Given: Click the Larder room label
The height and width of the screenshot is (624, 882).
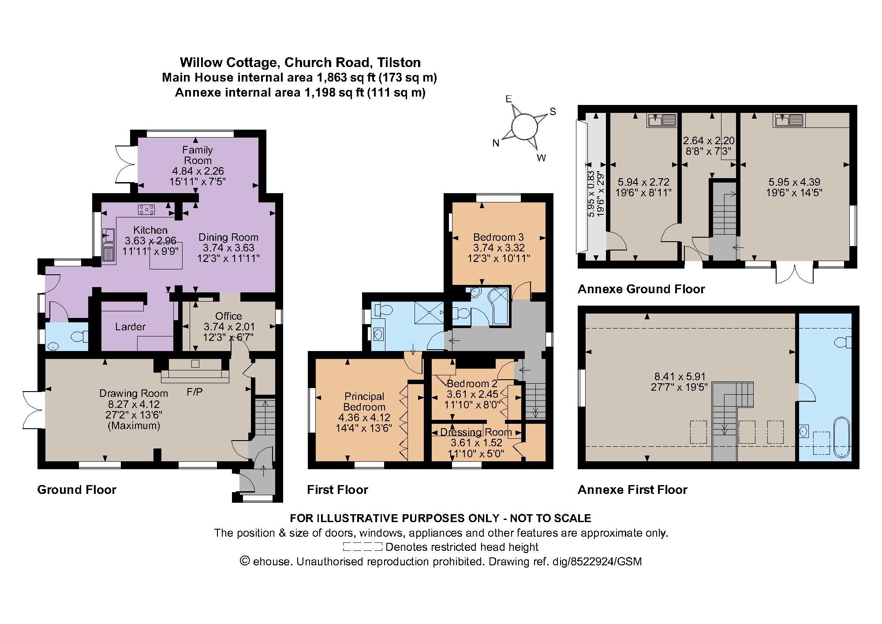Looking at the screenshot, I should pyautogui.click(x=130, y=327).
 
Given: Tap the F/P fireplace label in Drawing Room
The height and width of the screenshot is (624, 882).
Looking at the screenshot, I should pyautogui.click(x=194, y=392).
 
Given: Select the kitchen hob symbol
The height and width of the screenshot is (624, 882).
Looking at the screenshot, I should pyautogui.click(x=146, y=210).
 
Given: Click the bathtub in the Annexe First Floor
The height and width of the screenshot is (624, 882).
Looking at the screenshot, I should pyautogui.click(x=841, y=436).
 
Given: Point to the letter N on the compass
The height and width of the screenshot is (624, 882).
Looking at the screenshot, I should pyautogui.click(x=496, y=143).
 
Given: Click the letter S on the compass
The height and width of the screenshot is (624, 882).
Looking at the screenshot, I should pyautogui.click(x=552, y=112).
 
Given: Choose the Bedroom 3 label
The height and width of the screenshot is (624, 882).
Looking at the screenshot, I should pyautogui.click(x=498, y=237).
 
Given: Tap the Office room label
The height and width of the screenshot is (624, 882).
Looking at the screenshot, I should pyautogui.click(x=228, y=316).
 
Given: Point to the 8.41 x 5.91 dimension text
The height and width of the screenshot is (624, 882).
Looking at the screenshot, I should pyautogui.click(x=680, y=377).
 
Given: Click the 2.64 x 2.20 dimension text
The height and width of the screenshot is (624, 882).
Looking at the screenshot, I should pyautogui.click(x=709, y=141).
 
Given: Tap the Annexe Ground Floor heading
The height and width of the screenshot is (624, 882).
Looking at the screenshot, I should pyautogui.click(x=641, y=289).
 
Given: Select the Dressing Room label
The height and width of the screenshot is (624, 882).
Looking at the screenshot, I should pyautogui.click(x=476, y=432).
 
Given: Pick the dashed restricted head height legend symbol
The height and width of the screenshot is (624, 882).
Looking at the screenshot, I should pyautogui.click(x=362, y=547).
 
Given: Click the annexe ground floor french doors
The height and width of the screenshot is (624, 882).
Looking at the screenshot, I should pyautogui.click(x=795, y=275).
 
